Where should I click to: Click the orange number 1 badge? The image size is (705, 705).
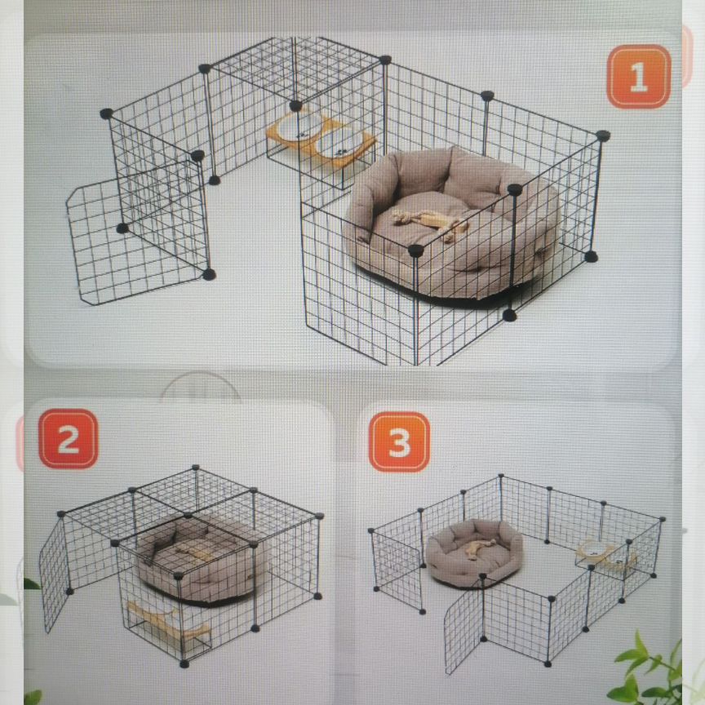pyautogui.click(x=638, y=77)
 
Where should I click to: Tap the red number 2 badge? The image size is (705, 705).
pyautogui.click(x=69, y=439)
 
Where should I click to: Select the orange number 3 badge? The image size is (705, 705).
pyautogui.click(x=399, y=442)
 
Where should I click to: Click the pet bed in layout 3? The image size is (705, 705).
pyautogui.click(x=474, y=554)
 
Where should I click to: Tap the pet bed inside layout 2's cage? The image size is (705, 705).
pyautogui.click(x=202, y=561)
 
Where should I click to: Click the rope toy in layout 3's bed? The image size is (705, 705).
pyautogui.click(x=480, y=548)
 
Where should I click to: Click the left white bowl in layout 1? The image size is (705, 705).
pyautogui.click(x=297, y=126)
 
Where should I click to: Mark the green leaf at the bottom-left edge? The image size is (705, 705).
pyautogui.click(x=33, y=584)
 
